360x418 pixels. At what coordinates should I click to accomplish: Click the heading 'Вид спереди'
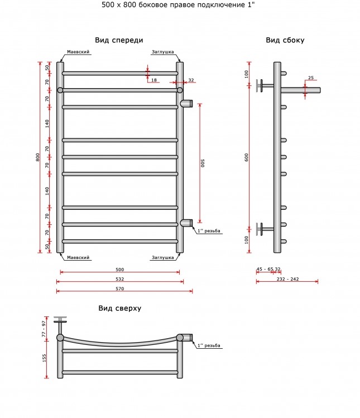[119, 41]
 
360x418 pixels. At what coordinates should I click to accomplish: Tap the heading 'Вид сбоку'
[285, 40]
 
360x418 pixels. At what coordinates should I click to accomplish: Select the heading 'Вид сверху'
[120, 309]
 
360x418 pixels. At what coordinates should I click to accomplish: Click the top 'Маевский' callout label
[78, 52]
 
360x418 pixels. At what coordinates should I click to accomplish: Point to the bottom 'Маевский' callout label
[78, 257]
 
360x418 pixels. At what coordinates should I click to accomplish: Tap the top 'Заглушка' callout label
[162, 52]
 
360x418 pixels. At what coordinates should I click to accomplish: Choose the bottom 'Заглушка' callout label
[162, 258]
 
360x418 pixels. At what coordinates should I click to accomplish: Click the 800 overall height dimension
[38, 157]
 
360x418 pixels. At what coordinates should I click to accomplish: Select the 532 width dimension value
[120, 279]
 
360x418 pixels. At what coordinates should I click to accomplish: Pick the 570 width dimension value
[120, 289]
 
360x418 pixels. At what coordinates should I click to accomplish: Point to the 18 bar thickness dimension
[154, 80]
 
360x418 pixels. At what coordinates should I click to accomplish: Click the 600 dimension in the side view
[246, 157]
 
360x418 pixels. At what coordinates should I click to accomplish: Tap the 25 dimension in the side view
[311, 78]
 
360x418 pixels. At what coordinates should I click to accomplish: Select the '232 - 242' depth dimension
[287, 279]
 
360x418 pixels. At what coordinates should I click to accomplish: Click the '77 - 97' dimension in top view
[44, 329]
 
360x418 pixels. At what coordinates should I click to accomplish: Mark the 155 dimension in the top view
[44, 358]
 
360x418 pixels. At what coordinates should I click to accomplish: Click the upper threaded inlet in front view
[186, 103]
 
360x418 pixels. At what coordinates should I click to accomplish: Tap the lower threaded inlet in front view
[186, 223]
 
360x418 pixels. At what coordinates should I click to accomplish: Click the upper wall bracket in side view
[265, 85]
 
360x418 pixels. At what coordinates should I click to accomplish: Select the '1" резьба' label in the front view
[209, 231]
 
